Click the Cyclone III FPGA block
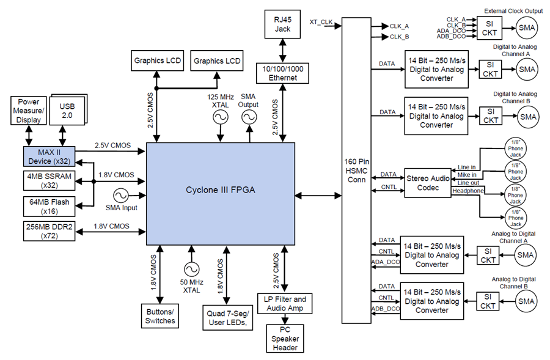coord(221,194)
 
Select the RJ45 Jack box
coord(282,24)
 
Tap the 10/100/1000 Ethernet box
coord(283,73)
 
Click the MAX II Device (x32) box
coord(49,156)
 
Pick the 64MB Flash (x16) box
coord(49,207)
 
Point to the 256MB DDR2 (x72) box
coord(49,231)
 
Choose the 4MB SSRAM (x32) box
coord(49,181)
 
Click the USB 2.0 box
coord(67,111)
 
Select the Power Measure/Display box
coord(28,111)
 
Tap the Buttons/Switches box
coord(160,316)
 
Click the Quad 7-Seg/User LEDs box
coord(228,318)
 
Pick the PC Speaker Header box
coord(285,339)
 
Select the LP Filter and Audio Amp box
coord(285,304)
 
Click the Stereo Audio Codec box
coord(428,183)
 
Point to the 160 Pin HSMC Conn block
coord(356,171)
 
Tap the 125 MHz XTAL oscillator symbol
coord(221,117)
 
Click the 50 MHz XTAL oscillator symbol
coord(191,270)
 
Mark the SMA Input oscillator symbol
coord(121,196)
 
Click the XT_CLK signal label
coord(321,22)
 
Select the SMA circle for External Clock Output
coord(527,28)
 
